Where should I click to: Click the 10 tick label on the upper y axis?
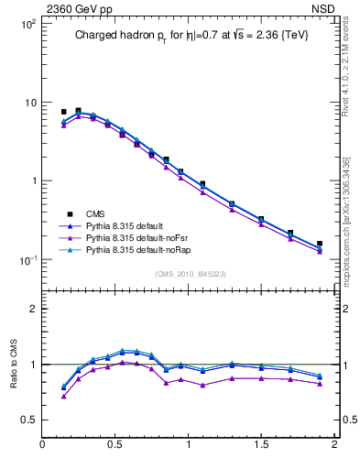[28, 103]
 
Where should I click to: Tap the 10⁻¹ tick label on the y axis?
[27, 260]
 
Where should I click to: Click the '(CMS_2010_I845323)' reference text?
[189, 272]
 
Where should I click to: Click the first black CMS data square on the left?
[63, 112]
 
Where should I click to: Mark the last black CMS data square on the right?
[320, 244]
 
